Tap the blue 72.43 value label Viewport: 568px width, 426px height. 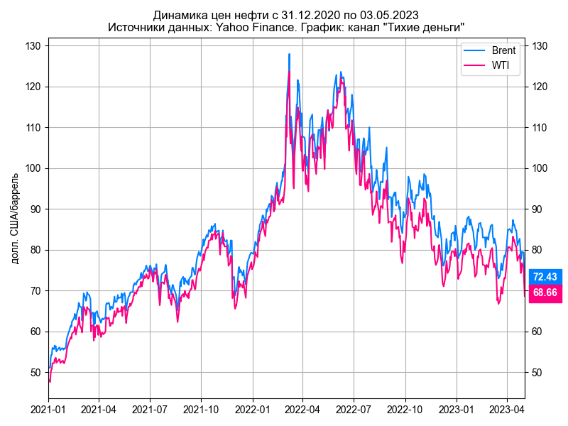pyautogui.click(x=545, y=277)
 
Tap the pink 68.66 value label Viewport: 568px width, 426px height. pyautogui.click(x=545, y=293)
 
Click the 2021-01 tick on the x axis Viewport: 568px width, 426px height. pyautogui.click(x=49, y=410)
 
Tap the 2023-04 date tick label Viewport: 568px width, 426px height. pyautogui.click(x=507, y=410)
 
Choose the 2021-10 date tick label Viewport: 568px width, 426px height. pyautogui.click(x=202, y=410)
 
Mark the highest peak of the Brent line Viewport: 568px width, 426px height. pyautogui.click(x=289, y=54)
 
